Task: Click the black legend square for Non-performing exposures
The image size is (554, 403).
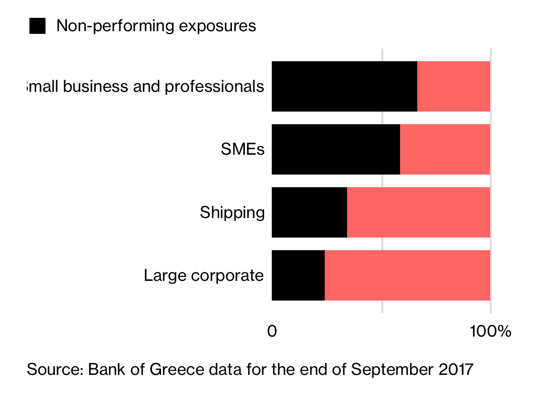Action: coord(37,26)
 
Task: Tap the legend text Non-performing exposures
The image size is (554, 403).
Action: coord(156,26)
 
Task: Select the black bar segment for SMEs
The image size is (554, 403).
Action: coord(335,149)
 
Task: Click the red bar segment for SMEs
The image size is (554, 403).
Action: coord(445,149)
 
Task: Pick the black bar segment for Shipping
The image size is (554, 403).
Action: coord(309,212)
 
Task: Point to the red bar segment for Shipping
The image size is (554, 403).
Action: coord(418,212)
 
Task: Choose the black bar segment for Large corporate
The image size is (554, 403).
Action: coord(298,276)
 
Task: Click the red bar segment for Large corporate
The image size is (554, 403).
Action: coord(407,276)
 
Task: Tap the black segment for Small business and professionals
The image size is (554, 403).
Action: coord(344,86)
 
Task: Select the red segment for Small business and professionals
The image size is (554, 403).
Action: coord(454,86)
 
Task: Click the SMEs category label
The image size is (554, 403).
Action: coord(242,149)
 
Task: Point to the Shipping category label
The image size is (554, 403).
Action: coord(232,213)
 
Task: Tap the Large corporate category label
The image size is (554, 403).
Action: coord(204,276)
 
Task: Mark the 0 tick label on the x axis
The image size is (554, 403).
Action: coord(272,331)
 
